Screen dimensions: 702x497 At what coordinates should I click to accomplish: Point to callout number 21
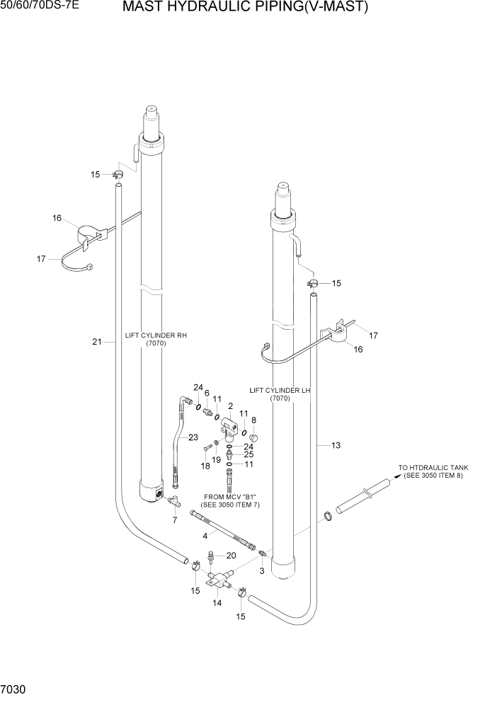pos(97,342)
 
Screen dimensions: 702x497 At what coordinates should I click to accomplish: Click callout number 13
pos(336,445)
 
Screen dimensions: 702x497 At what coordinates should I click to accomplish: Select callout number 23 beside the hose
pos(193,437)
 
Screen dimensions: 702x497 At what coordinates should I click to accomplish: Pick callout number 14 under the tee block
pos(217,603)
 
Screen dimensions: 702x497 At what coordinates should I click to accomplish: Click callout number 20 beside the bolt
pos(231,556)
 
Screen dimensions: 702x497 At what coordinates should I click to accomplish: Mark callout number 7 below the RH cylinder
pos(175,520)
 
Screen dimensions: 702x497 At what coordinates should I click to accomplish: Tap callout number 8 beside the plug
pos(254,420)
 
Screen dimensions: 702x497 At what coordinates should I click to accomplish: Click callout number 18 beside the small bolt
pos(205,466)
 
